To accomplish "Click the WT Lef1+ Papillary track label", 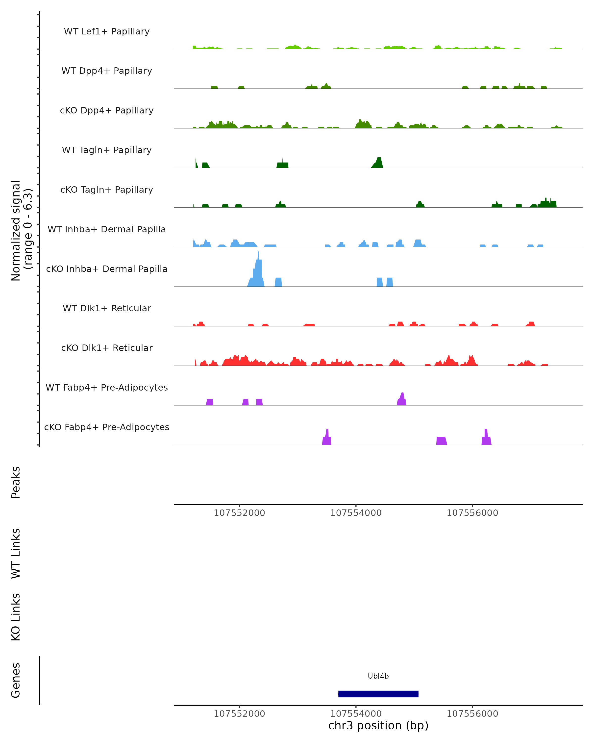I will (107, 31).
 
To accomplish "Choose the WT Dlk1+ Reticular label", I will (107, 308).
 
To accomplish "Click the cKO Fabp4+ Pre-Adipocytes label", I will (107, 427).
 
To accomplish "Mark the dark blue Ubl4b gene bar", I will (378, 694).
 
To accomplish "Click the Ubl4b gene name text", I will (378, 676).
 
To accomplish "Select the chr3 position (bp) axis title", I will (378, 725).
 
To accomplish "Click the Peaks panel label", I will (16, 482).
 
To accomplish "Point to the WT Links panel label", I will (16, 553).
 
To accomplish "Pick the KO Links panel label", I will (16, 617).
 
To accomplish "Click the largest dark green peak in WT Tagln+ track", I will (378, 163).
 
